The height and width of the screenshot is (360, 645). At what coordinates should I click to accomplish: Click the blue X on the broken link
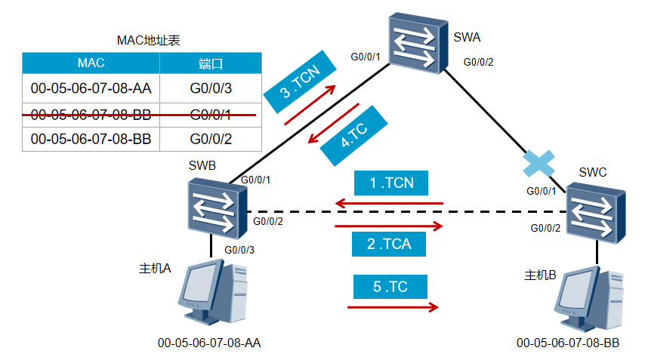[540, 164]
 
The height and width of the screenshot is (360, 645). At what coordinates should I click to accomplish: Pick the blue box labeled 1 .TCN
[390, 183]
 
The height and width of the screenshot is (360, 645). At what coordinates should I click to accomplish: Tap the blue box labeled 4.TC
[353, 135]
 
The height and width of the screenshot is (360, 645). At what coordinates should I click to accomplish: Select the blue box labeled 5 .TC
[390, 287]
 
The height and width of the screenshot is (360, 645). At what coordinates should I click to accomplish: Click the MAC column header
[91, 63]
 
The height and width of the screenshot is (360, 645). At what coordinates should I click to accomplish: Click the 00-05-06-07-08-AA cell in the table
[91, 88]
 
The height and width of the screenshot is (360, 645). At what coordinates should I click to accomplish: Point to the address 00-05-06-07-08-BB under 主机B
[568, 343]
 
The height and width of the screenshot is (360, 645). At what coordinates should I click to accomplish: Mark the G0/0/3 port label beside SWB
[239, 250]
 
